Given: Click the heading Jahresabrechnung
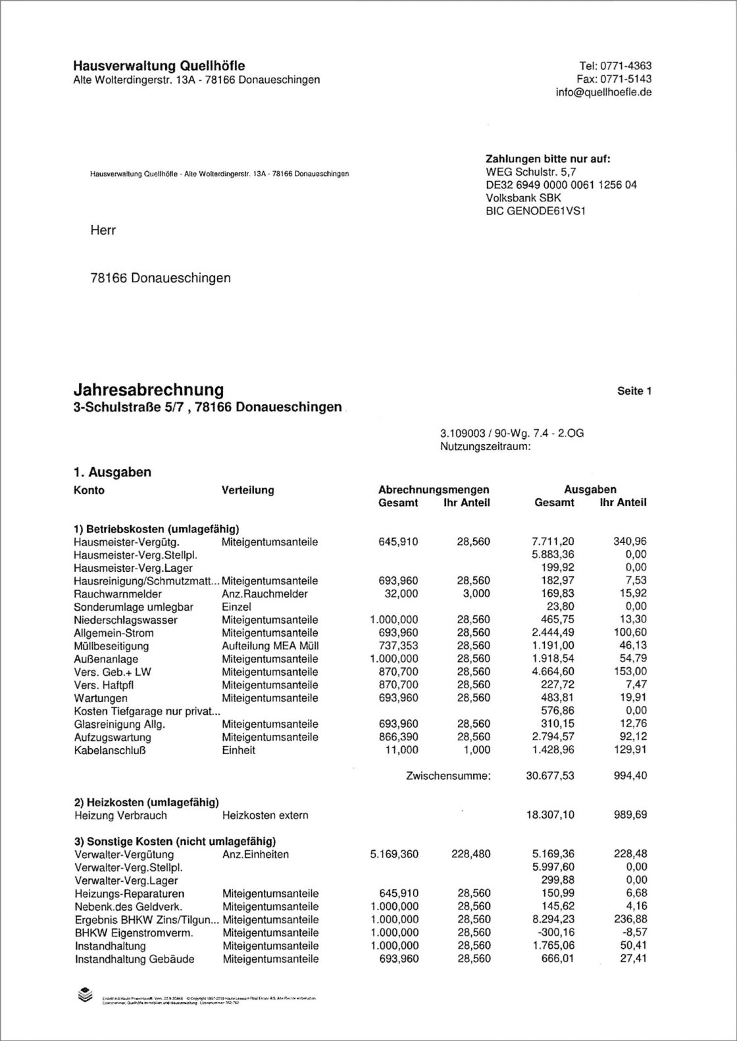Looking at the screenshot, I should tap(148, 390).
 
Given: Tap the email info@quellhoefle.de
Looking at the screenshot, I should tap(603, 92).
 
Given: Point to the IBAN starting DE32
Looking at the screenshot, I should tap(561, 185).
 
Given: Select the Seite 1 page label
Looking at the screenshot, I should tap(634, 391).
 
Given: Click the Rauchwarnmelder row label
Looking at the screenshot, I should tap(118, 594).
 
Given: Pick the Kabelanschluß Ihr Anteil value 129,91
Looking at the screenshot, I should tap(630, 749).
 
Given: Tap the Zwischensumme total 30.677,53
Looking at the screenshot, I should tap(550, 776).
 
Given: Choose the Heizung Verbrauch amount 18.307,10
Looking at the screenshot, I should tap(550, 815).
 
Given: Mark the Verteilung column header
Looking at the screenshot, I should tap(248, 490).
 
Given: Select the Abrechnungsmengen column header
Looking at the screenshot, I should tap(434, 490).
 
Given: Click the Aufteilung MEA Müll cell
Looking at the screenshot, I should tap(270, 646).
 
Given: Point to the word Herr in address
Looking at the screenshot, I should tap(103, 230).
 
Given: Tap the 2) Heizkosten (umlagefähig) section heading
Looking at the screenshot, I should tap(146, 801).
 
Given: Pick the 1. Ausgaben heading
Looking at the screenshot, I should tap(113, 472).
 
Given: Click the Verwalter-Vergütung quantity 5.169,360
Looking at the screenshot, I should tap(394, 854).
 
